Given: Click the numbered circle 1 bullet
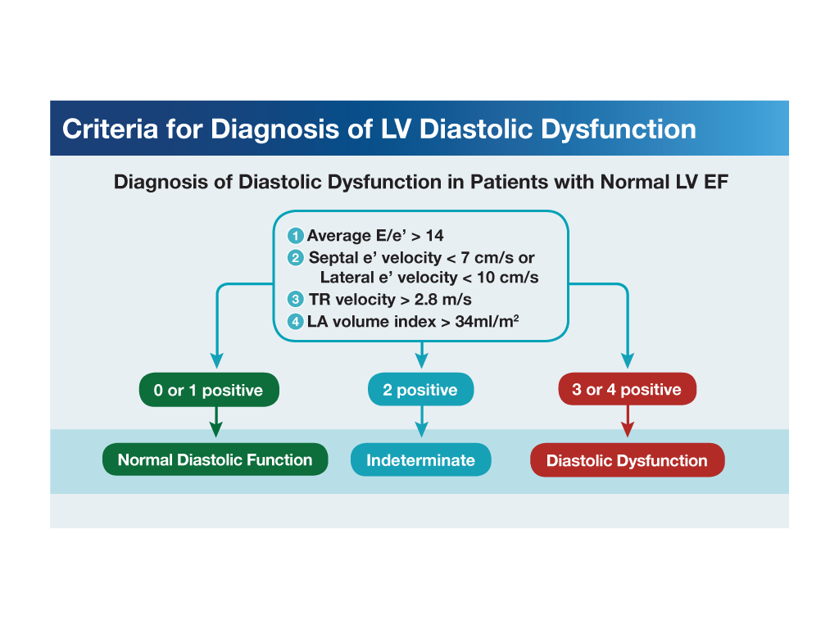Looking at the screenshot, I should coord(297,236).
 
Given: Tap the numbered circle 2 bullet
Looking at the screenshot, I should coord(297,258).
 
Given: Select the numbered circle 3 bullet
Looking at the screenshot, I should coord(297,300).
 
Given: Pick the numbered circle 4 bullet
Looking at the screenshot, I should coord(297,322).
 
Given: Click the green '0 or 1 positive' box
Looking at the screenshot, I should coord(209,390).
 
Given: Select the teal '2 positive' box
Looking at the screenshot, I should coord(421,390).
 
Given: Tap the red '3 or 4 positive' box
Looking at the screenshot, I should coord(627,389).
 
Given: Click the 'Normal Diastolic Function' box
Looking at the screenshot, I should coord(215,459).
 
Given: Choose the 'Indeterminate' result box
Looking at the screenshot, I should coord(420,459).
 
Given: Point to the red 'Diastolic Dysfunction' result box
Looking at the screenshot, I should coord(627,460).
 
